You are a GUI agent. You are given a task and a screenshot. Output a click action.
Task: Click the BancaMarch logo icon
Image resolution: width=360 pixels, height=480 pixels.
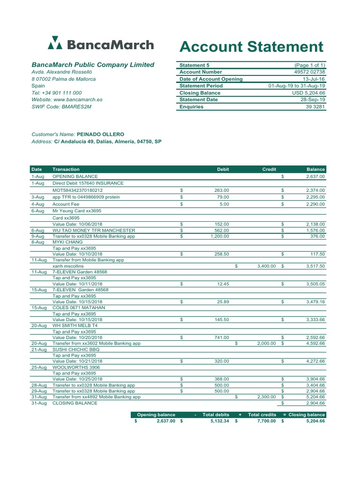pos(55,43)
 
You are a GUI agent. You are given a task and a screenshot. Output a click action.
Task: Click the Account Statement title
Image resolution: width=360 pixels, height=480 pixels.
pos(251,47)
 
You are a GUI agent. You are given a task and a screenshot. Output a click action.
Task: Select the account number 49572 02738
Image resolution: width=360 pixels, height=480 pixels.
pos(309,72)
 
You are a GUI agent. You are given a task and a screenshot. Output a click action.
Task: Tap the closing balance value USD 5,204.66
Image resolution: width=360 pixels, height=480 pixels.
pos(308,93)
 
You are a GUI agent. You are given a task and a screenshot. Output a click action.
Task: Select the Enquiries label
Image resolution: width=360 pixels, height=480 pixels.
pos(191,107)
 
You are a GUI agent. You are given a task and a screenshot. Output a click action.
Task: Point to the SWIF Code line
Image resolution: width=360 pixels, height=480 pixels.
pos(61,107)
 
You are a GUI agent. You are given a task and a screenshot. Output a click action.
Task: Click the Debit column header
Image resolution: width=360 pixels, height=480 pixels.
pos(223,169)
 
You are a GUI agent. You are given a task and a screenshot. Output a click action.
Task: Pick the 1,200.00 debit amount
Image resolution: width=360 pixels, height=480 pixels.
pos(219,236)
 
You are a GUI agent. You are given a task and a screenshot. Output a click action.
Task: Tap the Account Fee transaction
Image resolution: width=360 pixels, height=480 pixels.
pos(66,204)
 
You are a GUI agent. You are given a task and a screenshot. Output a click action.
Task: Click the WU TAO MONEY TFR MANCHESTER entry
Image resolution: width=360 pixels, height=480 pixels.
pos(94,231)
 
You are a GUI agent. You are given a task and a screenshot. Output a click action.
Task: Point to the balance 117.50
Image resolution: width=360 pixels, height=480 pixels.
pos(317,254)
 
